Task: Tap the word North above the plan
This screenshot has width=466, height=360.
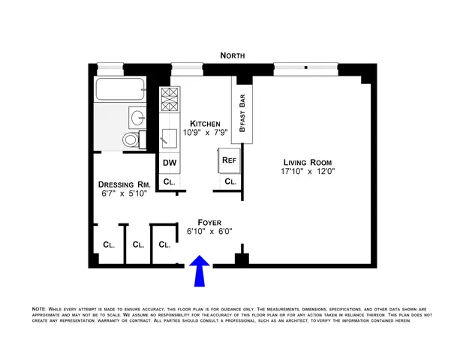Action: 233,55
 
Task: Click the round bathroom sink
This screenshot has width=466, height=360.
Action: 137,117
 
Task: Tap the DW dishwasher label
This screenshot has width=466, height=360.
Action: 168,163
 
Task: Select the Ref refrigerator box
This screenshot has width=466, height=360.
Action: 228,160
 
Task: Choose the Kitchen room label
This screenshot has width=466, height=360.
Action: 204,124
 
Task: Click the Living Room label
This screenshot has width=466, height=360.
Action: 307,162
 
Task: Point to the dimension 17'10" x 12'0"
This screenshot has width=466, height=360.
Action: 307,172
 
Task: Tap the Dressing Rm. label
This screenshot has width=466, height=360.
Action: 125,184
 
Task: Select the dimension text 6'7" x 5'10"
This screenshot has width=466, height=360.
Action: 125,194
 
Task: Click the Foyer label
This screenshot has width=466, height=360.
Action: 209,222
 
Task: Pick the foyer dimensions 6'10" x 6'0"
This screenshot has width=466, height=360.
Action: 209,232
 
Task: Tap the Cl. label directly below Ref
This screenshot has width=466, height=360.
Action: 230,181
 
